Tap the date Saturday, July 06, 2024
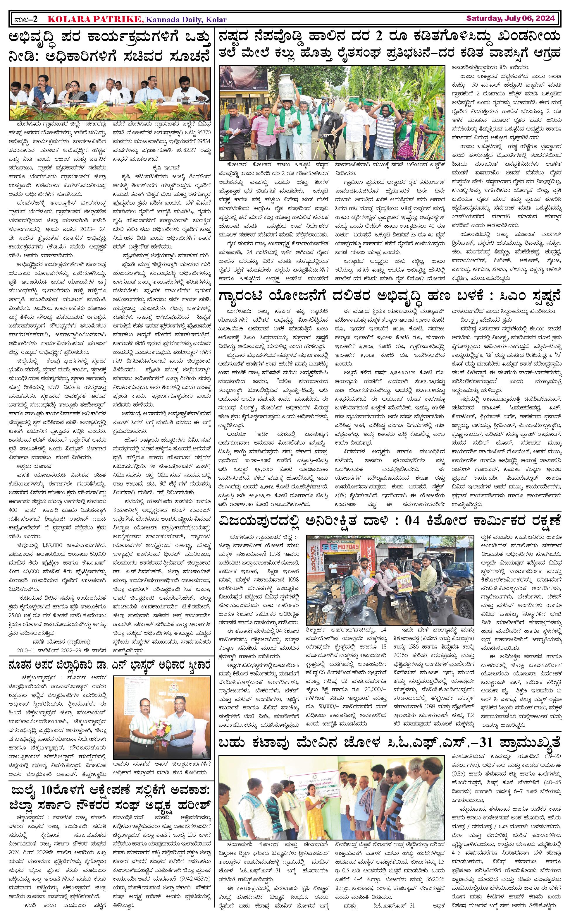click(510, 18)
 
